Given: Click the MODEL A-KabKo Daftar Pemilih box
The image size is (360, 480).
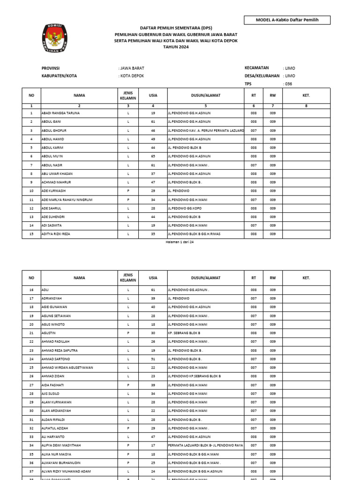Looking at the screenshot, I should pyautogui.click(x=287, y=20).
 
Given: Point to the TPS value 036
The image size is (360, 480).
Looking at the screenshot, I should pyautogui.click(x=288, y=83).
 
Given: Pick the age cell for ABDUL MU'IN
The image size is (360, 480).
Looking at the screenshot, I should pyautogui.click(x=153, y=156).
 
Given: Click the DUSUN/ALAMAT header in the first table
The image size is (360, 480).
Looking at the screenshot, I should pyautogui.click(x=205, y=96).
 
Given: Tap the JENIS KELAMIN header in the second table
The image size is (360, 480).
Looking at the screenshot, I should pyautogui.click(x=128, y=278).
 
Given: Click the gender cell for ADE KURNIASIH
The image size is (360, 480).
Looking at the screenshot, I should pyautogui.click(x=128, y=191).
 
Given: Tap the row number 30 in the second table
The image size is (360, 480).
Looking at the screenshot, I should pyautogui.click(x=31, y=411).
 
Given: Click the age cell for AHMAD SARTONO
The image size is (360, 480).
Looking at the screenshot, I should pyautogui.click(x=153, y=359).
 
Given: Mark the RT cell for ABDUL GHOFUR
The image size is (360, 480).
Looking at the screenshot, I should pyautogui.click(x=254, y=130).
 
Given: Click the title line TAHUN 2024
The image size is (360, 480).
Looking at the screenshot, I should pyautogui.click(x=176, y=47).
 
